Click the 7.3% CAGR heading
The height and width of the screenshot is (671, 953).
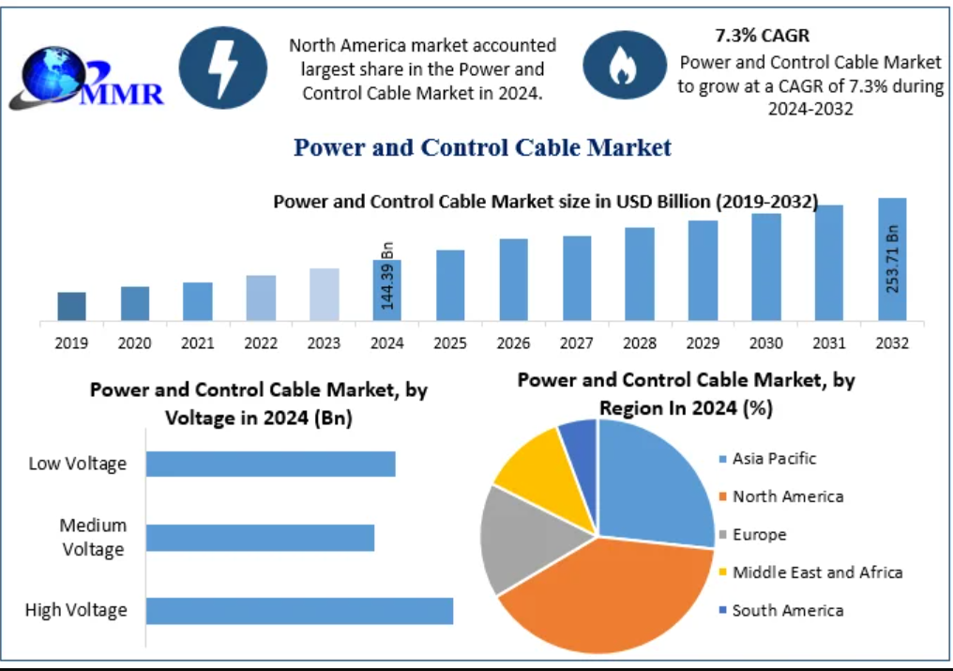click(x=762, y=36)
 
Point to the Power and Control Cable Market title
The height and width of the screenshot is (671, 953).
click(x=482, y=147)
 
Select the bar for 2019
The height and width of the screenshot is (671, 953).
click(x=71, y=306)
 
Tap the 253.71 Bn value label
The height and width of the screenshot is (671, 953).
click(x=892, y=259)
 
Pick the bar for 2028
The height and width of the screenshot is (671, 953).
click(x=640, y=273)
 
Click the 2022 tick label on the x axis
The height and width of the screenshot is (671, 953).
click(x=261, y=343)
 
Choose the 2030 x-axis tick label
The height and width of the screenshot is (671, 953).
click(x=765, y=343)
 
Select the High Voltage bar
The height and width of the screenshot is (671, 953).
click(x=299, y=610)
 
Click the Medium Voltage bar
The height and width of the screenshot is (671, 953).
click(x=260, y=538)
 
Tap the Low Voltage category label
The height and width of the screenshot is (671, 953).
click(x=77, y=464)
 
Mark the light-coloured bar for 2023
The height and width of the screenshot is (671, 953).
click(x=324, y=294)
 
